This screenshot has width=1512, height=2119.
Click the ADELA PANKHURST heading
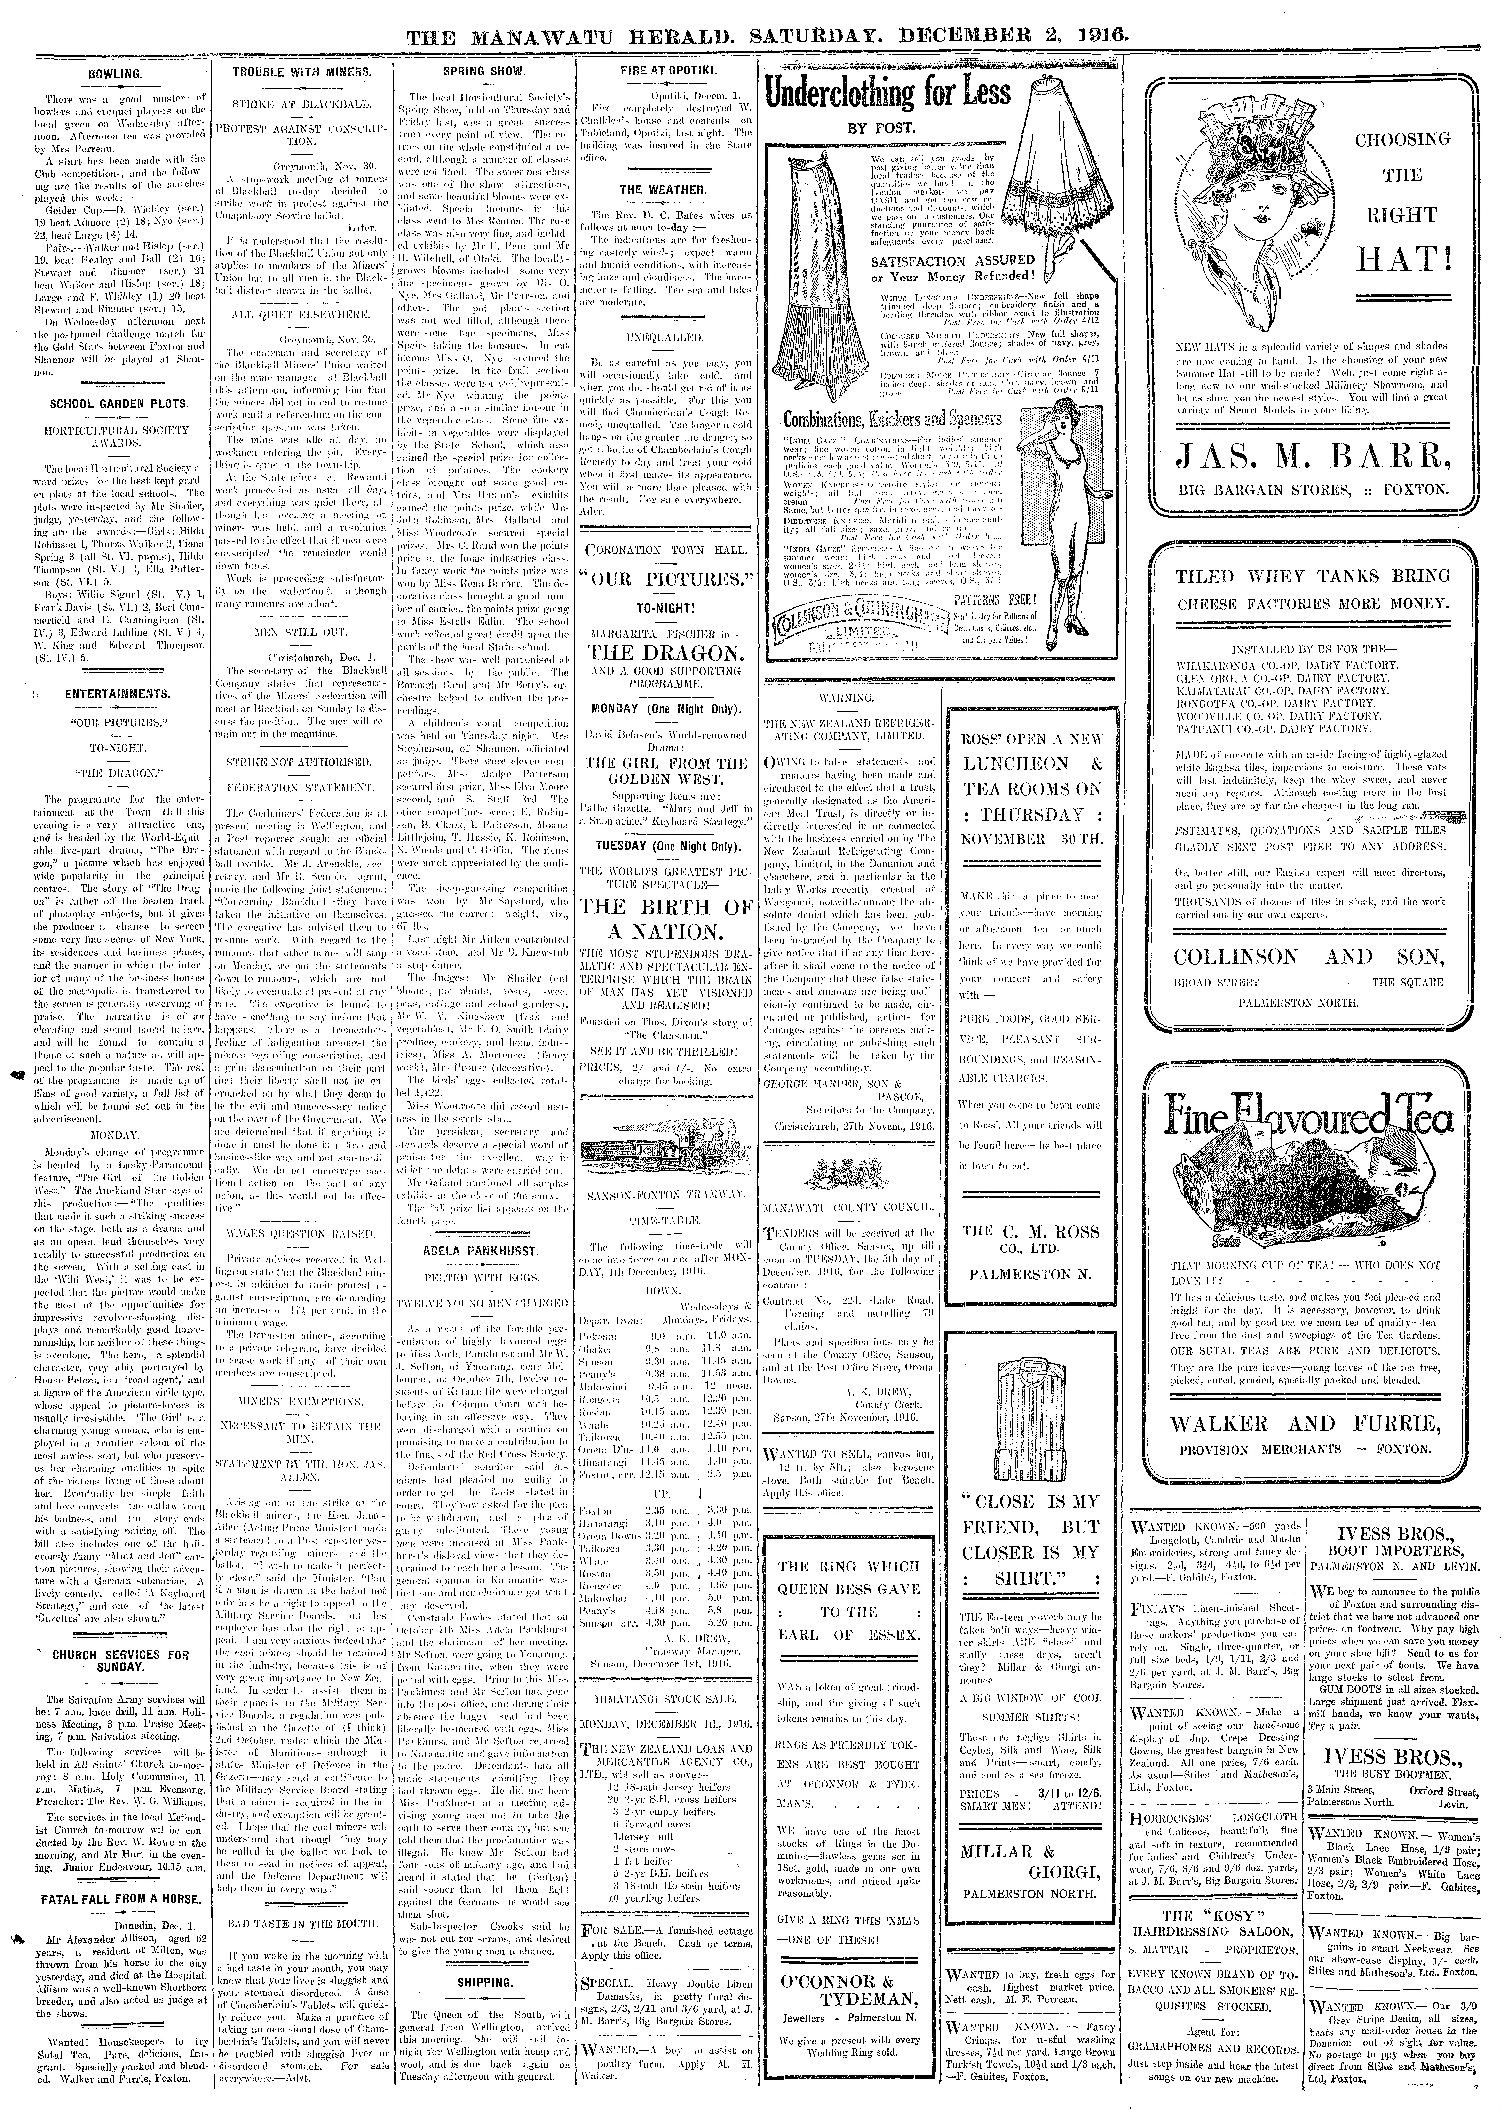480,1250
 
